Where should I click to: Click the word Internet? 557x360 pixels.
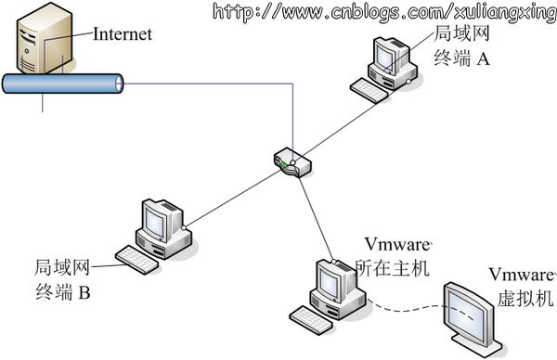(121, 35)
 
